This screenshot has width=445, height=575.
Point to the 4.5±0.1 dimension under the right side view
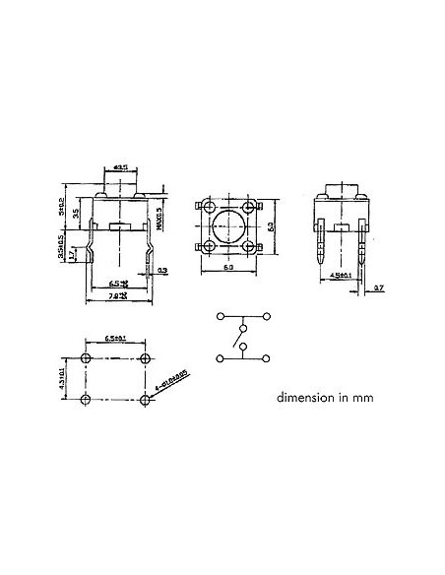pyautogui.click(x=340, y=275)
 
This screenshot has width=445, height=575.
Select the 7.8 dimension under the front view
pyautogui.click(x=117, y=295)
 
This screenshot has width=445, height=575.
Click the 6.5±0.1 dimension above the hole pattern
pyautogui.click(x=115, y=340)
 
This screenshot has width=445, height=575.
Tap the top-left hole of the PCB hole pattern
pyautogui.click(x=88, y=356)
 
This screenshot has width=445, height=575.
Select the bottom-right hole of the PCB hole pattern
pyautogui.click(x=146, y=398)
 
